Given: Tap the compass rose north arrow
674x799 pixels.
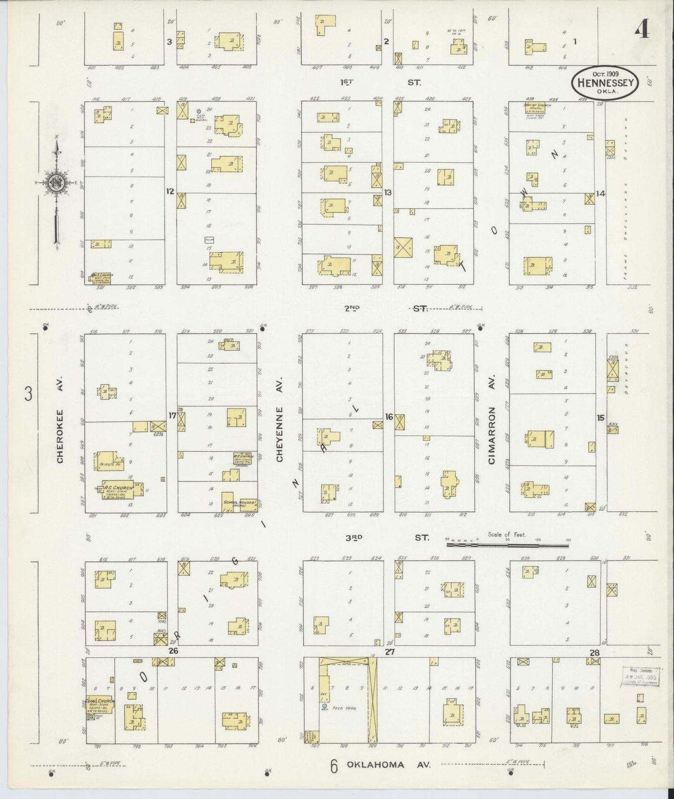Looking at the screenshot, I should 56,182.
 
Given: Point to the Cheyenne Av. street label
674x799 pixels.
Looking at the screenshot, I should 280,434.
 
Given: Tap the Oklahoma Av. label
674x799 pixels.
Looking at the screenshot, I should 388,765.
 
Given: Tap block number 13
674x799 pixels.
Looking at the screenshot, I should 387,192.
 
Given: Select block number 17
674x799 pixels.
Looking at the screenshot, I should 173,415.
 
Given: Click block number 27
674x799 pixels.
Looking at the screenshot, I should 389,652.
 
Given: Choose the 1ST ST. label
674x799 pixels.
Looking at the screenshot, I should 380,83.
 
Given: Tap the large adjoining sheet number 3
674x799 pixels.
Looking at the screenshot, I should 29,395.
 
